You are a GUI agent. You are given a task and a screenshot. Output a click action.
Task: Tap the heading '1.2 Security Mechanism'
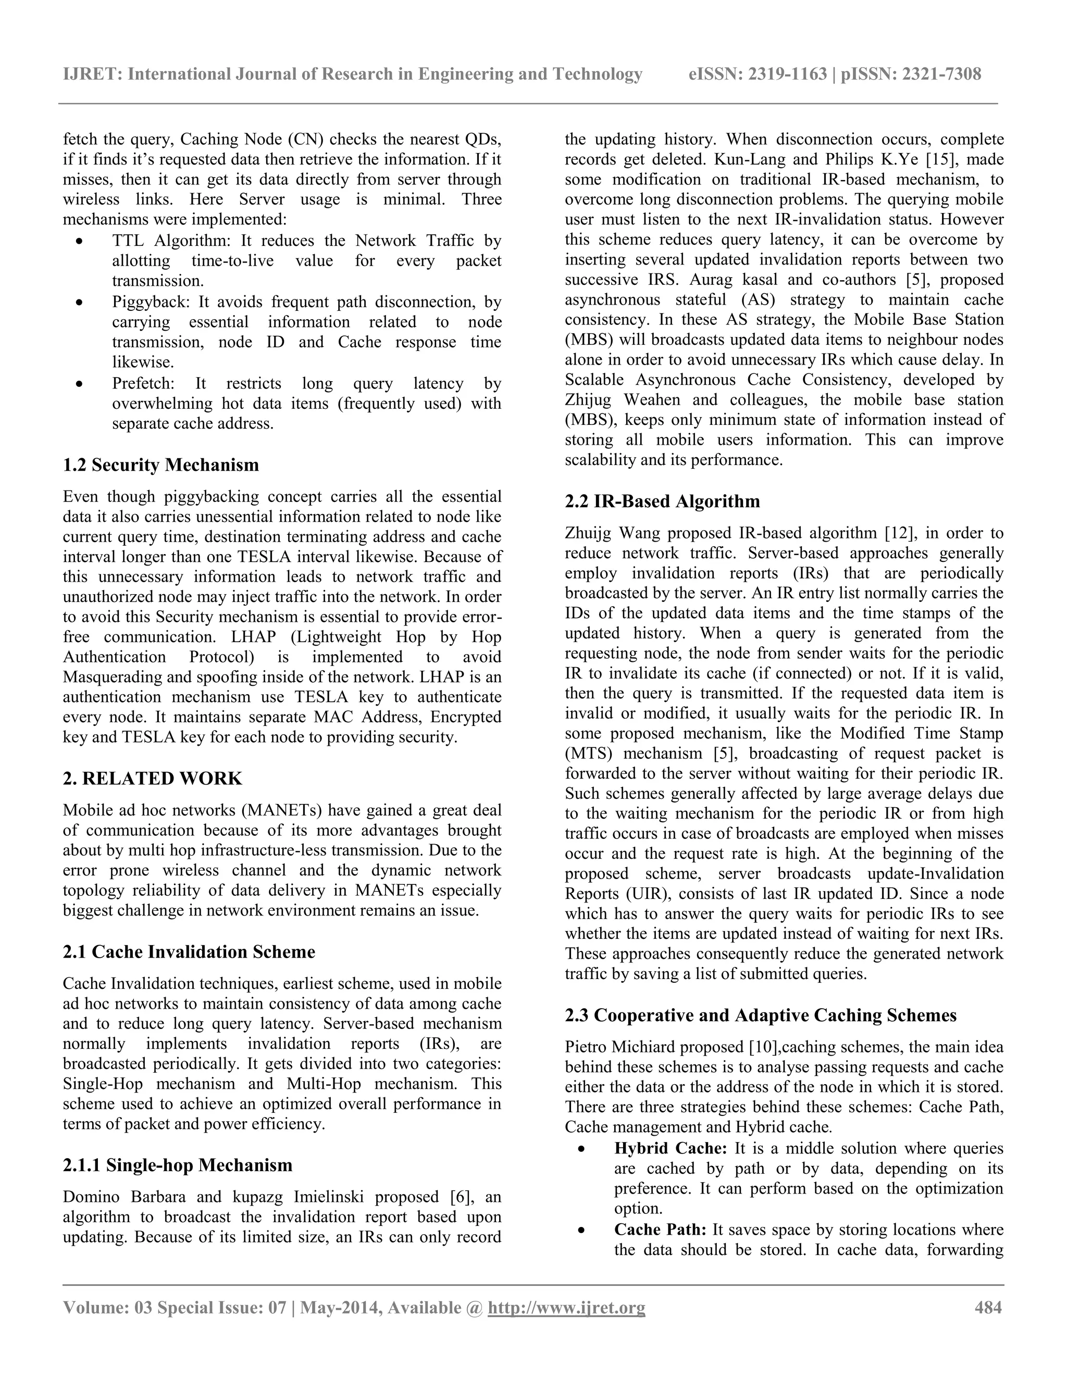coord(160,465)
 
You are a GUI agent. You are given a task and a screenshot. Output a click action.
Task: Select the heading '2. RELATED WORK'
coord(152,779)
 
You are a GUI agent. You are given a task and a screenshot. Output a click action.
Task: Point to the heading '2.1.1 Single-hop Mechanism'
coord(178,1165)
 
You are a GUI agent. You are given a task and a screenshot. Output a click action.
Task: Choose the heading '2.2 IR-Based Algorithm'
coord(663,501)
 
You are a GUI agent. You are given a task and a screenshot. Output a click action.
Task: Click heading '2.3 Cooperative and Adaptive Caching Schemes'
coord(761,1015)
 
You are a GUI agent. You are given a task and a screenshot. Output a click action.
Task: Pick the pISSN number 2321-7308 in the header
coord(941,74)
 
